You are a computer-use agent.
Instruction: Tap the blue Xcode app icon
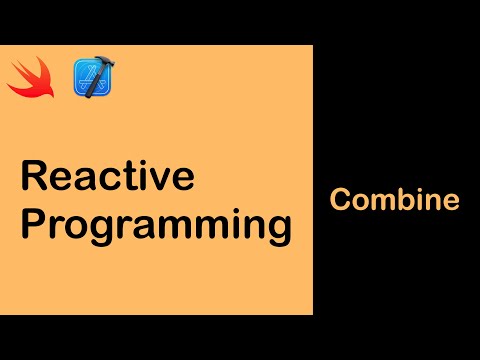click(x=91, y=78)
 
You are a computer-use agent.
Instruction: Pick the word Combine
click(x=394, y=200)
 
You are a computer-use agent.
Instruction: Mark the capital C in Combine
click(x=341, y=200)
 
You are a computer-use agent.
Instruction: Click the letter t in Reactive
click(x=131, y=177)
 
